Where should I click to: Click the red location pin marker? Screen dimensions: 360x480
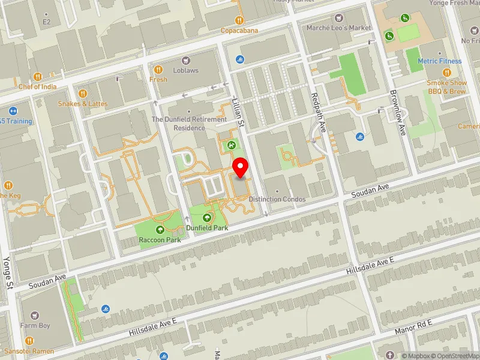point(241,167)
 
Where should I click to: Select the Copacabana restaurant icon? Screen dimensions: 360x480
point(239,20)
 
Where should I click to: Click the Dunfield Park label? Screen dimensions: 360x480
point(208,228)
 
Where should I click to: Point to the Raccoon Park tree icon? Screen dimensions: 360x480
point(160,229)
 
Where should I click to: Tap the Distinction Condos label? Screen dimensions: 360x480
point(277,199)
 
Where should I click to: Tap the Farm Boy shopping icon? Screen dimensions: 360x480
point(35,316)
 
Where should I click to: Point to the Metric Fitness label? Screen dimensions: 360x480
point(440,61)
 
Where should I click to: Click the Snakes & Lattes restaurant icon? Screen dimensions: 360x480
point(83,94)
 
